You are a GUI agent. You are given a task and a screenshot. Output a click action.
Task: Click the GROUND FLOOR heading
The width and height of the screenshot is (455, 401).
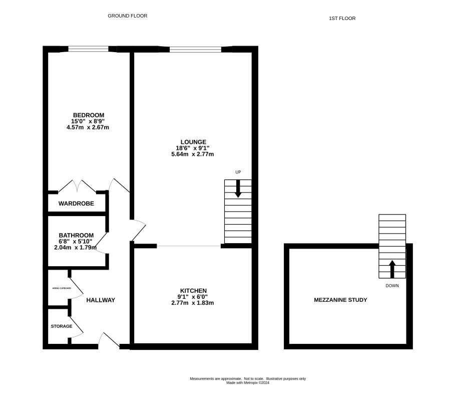(x=128, y=16)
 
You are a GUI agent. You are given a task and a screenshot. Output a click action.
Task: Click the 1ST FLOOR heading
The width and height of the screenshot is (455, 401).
(x=342, y=19)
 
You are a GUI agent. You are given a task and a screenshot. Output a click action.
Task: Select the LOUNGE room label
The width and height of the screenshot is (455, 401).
(x=192, y=142)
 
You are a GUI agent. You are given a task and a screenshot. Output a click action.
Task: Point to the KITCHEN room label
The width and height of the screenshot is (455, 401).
(x=193, y=291)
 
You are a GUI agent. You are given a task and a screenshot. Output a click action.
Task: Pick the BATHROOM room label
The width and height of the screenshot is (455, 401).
(x=76, y=235)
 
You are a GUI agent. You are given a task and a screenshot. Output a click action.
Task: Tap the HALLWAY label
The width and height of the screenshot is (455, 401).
(x=101, y=300)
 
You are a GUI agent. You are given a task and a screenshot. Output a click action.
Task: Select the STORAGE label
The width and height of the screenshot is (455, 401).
(x=61, y=326)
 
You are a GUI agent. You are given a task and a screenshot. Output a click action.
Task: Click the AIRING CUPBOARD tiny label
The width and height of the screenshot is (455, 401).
(x=61, y=289)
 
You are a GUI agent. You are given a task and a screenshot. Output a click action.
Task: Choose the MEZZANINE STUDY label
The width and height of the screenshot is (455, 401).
(x=340, y=300)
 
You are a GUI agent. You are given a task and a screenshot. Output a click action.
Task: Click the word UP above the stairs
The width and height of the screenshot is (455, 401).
(x=238, y=172)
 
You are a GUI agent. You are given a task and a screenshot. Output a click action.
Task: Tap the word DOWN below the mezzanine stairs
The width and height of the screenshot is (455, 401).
(x=392, y=286)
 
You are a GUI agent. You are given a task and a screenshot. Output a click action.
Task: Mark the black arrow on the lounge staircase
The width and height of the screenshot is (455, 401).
(x=238, y=187)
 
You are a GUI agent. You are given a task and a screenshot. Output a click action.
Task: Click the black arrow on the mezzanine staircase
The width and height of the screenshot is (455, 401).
(x=392, y=269)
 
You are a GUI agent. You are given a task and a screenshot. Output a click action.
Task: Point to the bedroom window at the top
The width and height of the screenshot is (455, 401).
(x=88, y=49)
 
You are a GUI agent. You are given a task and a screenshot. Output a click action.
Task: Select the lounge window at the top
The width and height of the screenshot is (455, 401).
(x=195, y=49)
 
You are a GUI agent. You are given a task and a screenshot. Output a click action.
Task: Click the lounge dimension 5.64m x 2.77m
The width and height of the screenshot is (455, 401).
(x=192, y=154)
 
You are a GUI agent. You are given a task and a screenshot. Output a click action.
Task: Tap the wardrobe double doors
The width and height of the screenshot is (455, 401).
(x=77, y=186)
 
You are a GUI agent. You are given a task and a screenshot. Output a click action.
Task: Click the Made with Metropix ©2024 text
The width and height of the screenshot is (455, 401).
(x=248, y=382)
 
